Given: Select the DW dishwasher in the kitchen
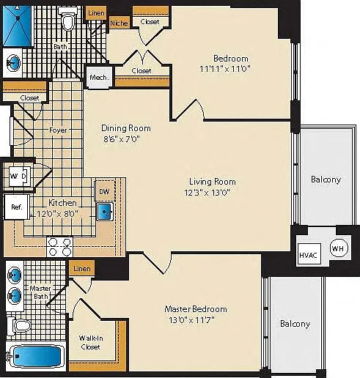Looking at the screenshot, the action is click(105, 191).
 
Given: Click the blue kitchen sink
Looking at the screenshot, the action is click(105, 212).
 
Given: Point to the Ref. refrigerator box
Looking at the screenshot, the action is click(17, 207).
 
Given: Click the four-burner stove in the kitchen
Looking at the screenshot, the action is click(60, 246).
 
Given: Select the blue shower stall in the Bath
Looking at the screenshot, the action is click(18, 26).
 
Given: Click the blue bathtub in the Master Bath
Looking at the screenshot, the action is click(37, 356).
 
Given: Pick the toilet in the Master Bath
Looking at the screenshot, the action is click(19, 325).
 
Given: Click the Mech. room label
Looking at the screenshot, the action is click(99, 78).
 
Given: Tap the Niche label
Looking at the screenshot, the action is click(119, 23).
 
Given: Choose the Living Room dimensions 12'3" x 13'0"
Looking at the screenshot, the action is click(207, 193).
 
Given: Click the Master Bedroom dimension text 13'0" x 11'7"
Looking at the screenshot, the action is click(191, 319).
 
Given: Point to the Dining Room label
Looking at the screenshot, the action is click(126, 128).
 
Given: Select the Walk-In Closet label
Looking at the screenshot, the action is click(91, 342).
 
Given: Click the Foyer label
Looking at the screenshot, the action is click(58, 130).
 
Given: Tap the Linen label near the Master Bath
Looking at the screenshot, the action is click(82, 269).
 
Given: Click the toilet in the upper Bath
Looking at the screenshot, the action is click(68, 19).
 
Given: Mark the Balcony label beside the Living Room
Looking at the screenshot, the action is click(326, 179).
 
